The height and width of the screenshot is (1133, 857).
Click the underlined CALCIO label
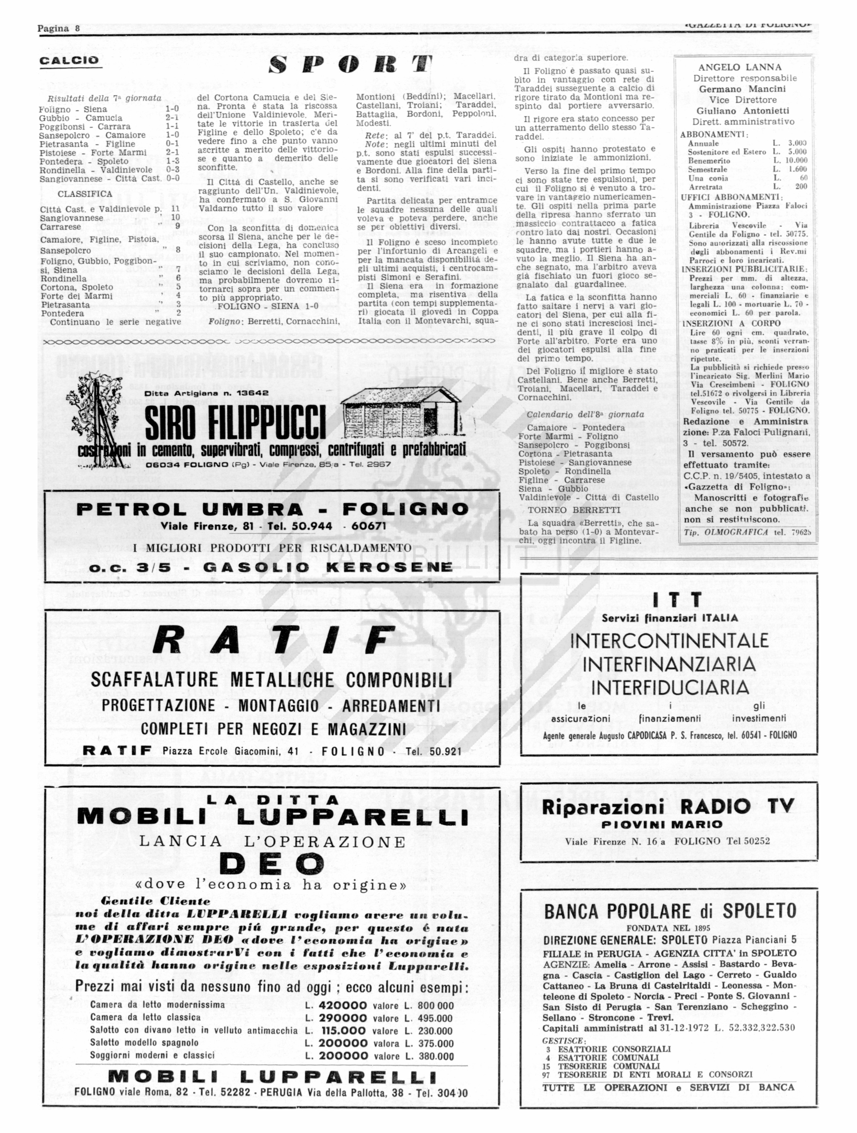click(69, 60)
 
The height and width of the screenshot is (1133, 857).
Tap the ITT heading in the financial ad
click(669, 599)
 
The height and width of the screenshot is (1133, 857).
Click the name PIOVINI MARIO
click(669, 824)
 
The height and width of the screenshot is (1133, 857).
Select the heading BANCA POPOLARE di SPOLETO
click(670, 911)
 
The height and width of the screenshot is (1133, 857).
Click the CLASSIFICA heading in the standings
click(85, 194)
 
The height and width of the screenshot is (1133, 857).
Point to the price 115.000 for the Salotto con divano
click(343, 1030)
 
